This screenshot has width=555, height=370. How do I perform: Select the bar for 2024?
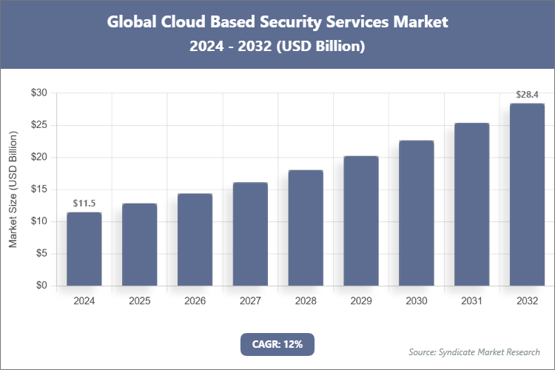click(x=84, y=249)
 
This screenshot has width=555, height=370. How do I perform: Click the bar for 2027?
click(x=250, y=234)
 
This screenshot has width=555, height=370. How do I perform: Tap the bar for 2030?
click(x=416, y=212)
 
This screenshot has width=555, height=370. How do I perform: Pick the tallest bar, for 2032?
click(x=527, y=194)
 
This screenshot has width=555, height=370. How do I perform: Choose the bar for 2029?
click(x=360, y=221)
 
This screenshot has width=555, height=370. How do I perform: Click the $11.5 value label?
click(x=84, y=203)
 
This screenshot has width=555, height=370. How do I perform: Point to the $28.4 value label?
click(x=527, y=95)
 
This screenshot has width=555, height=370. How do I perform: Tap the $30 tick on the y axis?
click(x=38, y=93)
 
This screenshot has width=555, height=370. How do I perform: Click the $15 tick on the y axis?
click(x=38, y=189)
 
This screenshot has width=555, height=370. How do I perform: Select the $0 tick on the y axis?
click(x=41, y=286)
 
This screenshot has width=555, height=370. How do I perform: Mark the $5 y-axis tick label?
click(x=41, y=254)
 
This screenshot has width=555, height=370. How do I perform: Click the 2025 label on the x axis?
click(x=140, y=301)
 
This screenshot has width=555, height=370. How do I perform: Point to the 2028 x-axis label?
click(x=306, y=301)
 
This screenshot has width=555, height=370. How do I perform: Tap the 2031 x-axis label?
click(x=471, y=301)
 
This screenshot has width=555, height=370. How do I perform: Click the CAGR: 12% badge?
click(x=277, y=344)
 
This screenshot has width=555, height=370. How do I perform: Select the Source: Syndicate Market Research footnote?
click(x=474, y=351)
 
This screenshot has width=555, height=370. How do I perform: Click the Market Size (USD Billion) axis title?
click(x=13, y=189)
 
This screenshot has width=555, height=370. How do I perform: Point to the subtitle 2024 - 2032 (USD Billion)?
click(x=277, y=46)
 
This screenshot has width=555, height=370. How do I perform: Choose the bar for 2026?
click(x=195, y=240)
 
